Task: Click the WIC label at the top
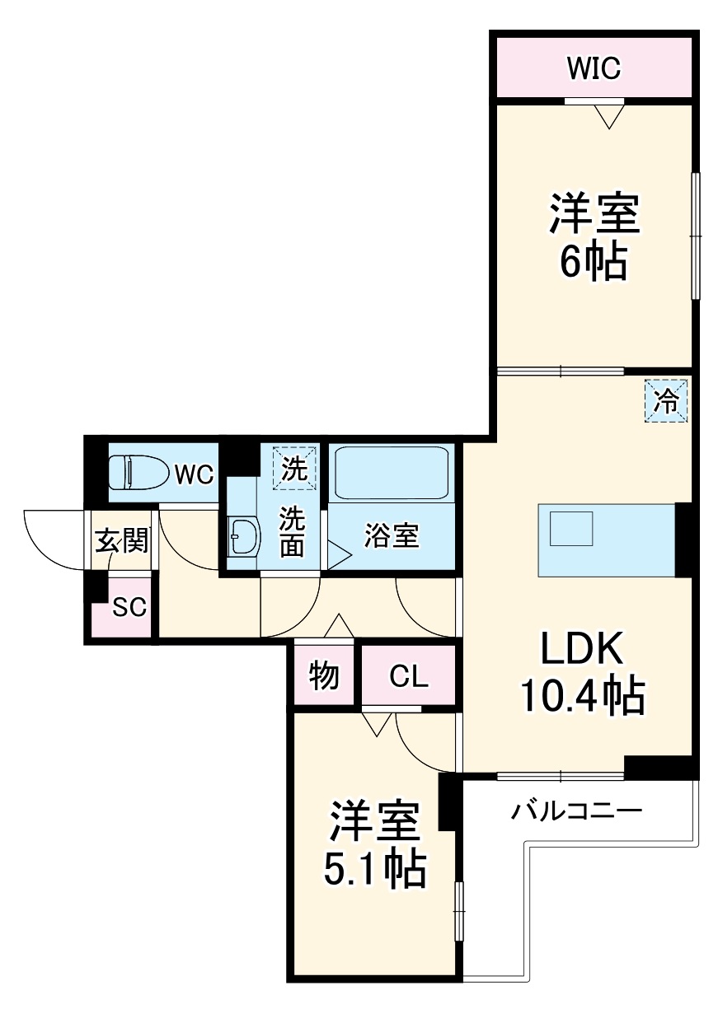point(594,68)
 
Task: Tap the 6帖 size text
point(594,261)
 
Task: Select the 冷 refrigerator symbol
point(665,402)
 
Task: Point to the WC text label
point(194,474)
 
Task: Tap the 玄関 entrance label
point(122,540)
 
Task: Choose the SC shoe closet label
point(129,608)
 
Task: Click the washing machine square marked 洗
point(293,468)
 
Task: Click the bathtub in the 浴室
point(392,472)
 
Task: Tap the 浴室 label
point(392,536)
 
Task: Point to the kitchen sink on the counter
point(571,528)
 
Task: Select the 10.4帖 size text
point(581,698)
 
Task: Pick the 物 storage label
point(324,676)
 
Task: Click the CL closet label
point(409,677)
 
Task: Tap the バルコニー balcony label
point(575,812)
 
